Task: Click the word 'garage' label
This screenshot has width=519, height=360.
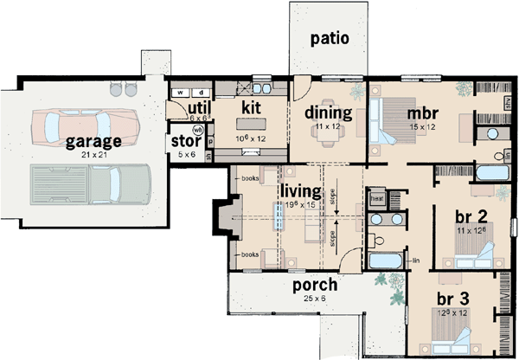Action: click(85, 140)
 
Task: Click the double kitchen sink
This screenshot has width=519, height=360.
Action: click(261, 89)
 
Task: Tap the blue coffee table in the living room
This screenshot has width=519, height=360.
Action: click(280, 220)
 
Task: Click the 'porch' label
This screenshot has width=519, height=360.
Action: click(314, 285)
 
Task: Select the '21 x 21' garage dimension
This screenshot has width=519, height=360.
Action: click(85, 153)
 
